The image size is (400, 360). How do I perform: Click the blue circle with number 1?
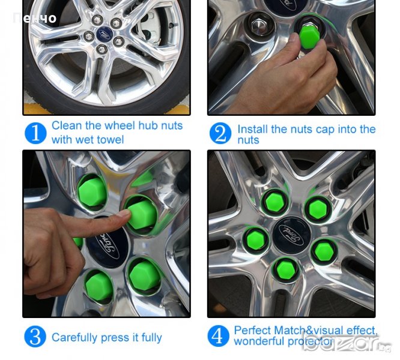click(35, 133)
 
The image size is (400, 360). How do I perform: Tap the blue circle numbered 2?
click(220, 133)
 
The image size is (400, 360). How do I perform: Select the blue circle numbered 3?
click(35, 337)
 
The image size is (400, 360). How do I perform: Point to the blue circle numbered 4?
click(219, 336)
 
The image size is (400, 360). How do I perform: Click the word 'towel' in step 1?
click(112, 140)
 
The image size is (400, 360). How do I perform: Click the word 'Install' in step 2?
click(253, 129)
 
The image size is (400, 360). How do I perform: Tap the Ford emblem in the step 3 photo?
click(107, 243)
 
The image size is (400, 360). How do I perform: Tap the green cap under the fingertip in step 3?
click(142, 214)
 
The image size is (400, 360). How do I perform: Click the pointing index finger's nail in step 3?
click(123, 214)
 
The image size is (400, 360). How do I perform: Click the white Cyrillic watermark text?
click(35, 19)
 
